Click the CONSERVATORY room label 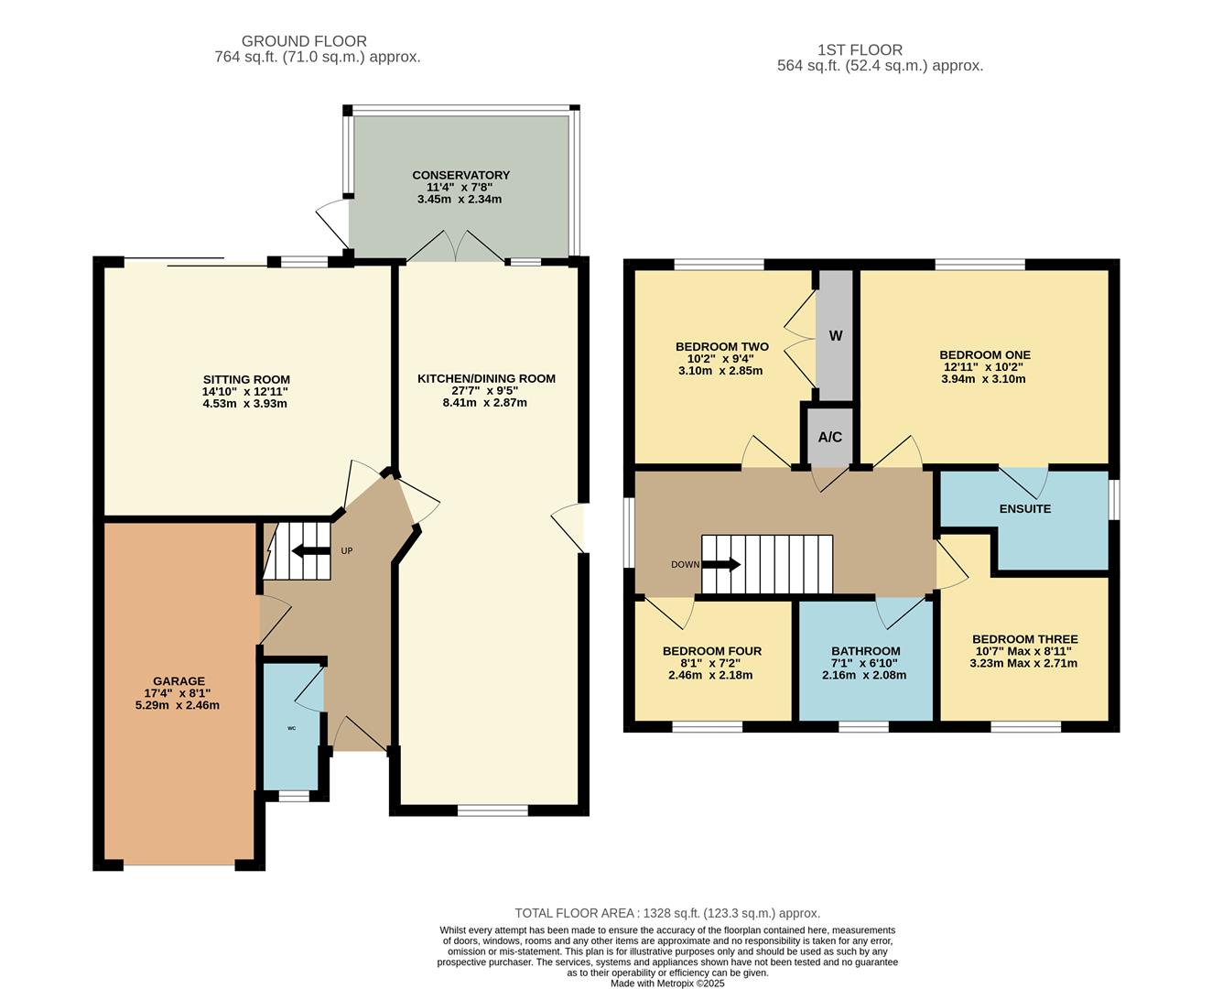point(460,175)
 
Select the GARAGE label point(179,681)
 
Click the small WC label point(291,729)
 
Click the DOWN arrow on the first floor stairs point(720,565)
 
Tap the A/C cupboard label point(829,437)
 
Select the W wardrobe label point(835,336)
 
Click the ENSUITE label point(1024,509)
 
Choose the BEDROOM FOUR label point(711,651)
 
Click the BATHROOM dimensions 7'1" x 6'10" point(864,663)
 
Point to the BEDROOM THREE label point(1024,639)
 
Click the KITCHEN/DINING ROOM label point(486,378)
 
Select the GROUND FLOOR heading point(304,41)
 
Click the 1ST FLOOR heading point(860,50)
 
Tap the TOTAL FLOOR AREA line point(667,913)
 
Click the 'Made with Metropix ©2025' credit point(667,984)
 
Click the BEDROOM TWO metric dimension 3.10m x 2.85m point(720,371)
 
